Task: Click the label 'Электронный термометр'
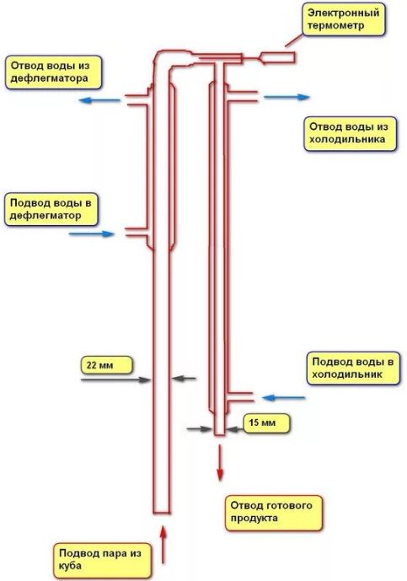coord(343,19)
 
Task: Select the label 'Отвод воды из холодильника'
coord(350,133)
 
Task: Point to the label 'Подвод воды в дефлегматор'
coord(51,209)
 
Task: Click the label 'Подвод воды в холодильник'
coord(353,368)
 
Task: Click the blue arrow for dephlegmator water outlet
coord(100,100)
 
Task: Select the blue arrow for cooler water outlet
coord(287,97)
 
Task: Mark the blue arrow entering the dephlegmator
coord(92,234)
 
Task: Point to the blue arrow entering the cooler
coord(283,398)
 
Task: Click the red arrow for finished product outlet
coord(220,463)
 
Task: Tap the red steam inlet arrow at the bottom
coord(163,545)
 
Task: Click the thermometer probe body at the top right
coord(278,57)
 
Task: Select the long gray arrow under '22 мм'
coord(116,379)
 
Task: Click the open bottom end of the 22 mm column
coord(162,513)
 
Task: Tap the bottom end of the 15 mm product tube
coord(220,434)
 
